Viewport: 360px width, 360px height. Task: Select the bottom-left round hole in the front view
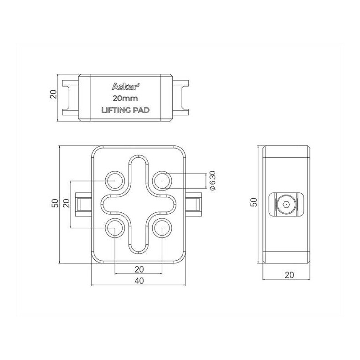point(114,228)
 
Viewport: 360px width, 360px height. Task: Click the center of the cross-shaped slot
point(138,205)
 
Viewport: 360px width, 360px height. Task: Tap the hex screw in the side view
point(286,205)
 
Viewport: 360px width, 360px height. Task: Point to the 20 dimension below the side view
point(288,275)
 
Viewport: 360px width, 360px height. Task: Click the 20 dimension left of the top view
point(52,95)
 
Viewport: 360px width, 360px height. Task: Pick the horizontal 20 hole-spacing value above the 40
point(139,269)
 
